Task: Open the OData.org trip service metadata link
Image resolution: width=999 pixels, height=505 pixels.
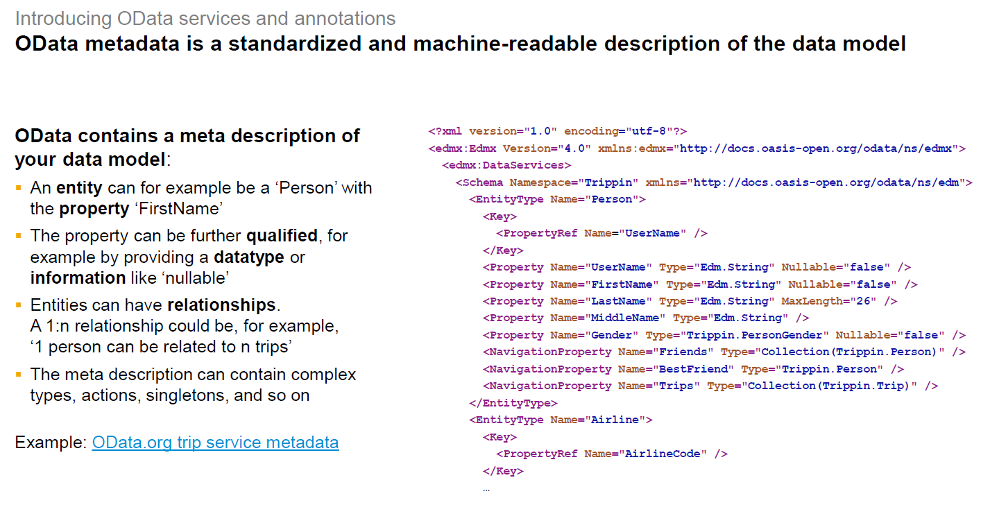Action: pyautogui.click(x=215, y=443)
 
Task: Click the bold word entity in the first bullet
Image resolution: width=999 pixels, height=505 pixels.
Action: pyautogui.click(x=79, y=188)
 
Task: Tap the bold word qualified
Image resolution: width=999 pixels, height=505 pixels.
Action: pyautogui.click(x=282, y=236)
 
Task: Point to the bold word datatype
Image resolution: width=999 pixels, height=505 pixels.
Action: pyautogui.click(x=249, y=257)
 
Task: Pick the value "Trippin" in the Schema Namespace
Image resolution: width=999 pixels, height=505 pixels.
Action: pyautogui.click(x=611, y=182)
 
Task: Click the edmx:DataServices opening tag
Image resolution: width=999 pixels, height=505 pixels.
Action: pyautogui.click(x=506, y=165)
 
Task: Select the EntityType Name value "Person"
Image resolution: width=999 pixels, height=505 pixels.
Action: pyautogui.click(x=617, y=199)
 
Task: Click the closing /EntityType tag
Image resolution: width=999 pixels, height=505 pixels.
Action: pyautogui.click(x=513, y=402)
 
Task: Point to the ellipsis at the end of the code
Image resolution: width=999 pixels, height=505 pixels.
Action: pyautogui.click(x=486, y=489)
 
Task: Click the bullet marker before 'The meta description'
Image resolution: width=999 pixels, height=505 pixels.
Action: pyautogui.click(x=19, y=375)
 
